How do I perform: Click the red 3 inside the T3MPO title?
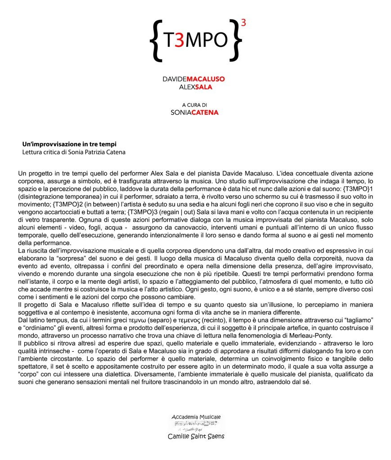click(179, 40)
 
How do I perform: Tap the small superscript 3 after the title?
click(243, 23)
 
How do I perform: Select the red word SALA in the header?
click(203, 87)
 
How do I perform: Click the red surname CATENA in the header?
click(205, 112)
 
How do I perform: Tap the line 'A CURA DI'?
click(195, 105)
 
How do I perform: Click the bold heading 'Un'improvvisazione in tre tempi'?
click(69, 144)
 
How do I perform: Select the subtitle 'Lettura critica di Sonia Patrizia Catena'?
click(74, 152)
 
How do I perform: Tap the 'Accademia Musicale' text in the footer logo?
click(196, 417)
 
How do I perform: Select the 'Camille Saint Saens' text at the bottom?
click(196, 436)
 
